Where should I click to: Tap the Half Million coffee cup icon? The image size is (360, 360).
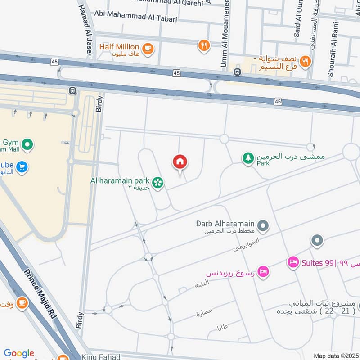tap(147, 48)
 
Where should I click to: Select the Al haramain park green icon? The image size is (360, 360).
tap(157, 182)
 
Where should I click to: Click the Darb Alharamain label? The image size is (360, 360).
tap(225, 224)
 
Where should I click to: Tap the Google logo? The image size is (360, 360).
tap(19, 353)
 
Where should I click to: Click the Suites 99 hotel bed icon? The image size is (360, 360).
tap(293, 262)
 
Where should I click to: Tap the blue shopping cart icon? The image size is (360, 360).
tap(21, 167)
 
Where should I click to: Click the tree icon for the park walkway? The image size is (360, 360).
tap(247, 158)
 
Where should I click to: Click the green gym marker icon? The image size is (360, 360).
tap(27, 145)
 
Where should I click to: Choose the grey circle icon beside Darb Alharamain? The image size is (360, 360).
tap(263, 226)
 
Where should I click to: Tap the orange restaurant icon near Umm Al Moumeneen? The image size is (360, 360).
tap(204, 45)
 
